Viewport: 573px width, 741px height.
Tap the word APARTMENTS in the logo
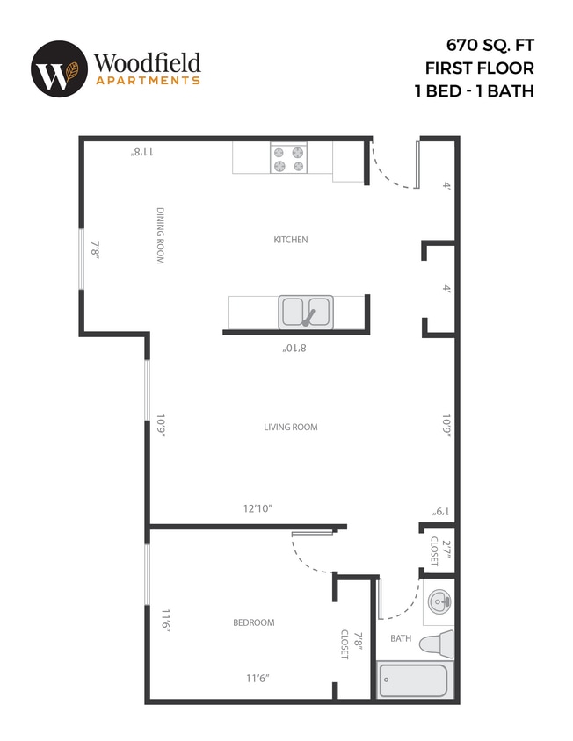(x=147, y=80)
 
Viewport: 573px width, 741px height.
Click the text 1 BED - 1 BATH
(x=474, y=90)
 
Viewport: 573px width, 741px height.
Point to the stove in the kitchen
(x=289, y=158)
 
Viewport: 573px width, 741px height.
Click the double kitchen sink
(x=305, y=311)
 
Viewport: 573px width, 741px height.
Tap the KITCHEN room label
(x=291, y=240)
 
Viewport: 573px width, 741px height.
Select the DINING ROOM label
(x=161, y=235)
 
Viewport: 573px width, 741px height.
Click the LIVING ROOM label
(x=290, y=428)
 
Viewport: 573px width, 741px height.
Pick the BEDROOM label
(x=253, y=622)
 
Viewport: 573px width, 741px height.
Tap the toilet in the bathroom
(x=436, y=643)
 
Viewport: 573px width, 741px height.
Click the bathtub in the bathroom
(x=413, y=680)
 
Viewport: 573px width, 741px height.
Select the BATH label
(x=401, y=638)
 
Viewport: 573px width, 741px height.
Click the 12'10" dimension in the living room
(x=257, y=508)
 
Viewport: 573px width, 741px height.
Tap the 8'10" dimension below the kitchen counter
(x=294, y=349)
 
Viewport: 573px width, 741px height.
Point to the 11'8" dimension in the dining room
(x=142, y=152)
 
